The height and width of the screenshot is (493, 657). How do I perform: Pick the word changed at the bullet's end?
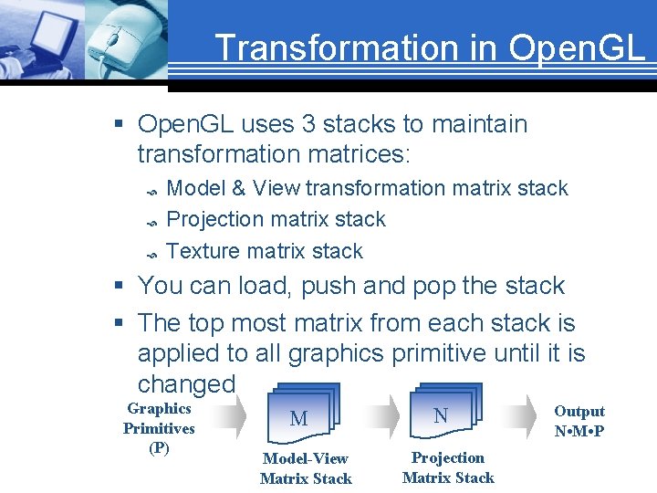point(186,383)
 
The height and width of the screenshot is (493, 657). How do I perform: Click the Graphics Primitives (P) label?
point(159,428)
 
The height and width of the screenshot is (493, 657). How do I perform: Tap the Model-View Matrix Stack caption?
point(306,468)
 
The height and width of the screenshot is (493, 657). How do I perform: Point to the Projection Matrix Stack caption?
point(448,467)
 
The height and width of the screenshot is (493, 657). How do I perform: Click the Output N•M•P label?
point(579,421)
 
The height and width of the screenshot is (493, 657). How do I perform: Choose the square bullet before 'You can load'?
point(120,287)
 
